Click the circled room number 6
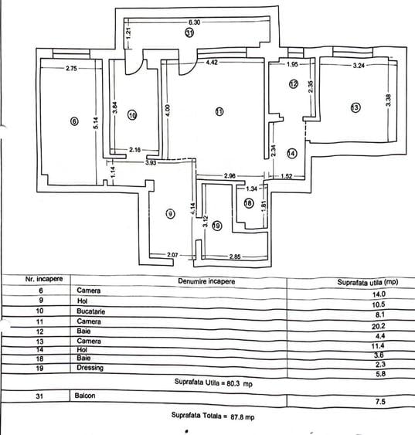click(x=74, y=121)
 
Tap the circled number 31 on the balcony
click(x=189, y=33)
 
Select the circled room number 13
click(x=355, y=107)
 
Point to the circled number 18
click(x=249, y=203)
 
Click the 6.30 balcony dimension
click(x=194, y=22)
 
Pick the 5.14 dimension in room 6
click(x=96, y=123)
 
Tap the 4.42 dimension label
click(x=212, y=63)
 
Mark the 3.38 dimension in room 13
click(x=389, y=100)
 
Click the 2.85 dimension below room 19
click(x=235, y=257)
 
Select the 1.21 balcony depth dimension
click(x=128, y=33)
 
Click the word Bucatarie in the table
click(x=90, y=311)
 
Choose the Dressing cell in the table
click(x=90, y=368)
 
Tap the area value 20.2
click(x=379, y=326)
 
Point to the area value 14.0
click(x=379, y=294)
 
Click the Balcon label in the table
click(x=85, y=396)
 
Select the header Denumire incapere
click(x=206, y=281)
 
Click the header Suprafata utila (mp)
click(x=368, y=282)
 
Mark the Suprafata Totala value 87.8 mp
click(x=243, y=416)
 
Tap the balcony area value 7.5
click(x=380, y=402)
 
